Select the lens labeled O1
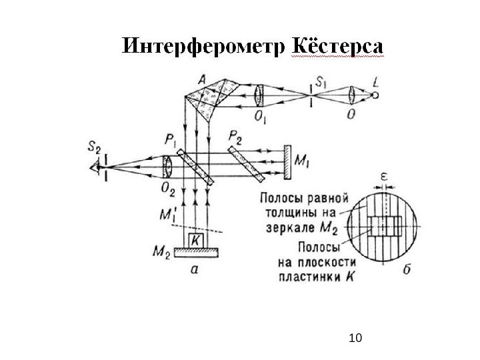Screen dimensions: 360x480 click(x=259, y=95)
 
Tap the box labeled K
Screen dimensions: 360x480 click(x=197, y=239)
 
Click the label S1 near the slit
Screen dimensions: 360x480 click(x=321, y=83)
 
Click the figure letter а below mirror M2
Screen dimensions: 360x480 click(x=194, y=269)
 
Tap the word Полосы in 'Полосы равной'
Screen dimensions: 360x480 click(x=280, y=198)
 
